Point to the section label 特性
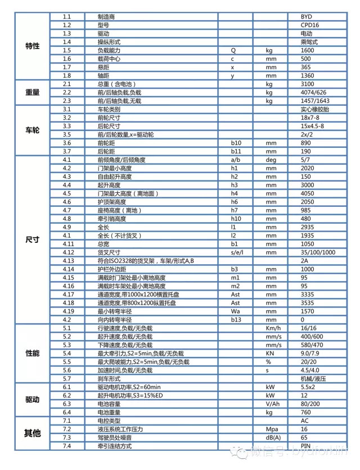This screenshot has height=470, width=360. point(33,46)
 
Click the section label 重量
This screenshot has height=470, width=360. point(33,92)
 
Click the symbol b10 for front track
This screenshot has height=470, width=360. point(235,143)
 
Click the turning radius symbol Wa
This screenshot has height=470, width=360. point(235,311)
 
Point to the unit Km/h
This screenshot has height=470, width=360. point(272,328)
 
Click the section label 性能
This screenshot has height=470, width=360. point(33,353)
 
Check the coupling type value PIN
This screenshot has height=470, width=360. point(306,445)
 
